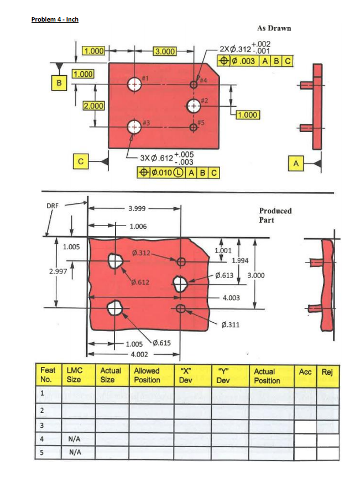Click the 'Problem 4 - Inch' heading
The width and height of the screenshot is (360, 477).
tap(55, 19)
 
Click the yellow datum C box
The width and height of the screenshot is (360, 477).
tap(81, 161)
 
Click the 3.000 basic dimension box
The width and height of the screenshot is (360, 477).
tap(165, 51)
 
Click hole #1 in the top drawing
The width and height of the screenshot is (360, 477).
tap(134, 85)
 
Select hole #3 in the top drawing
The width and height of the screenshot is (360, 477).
tap(134, 127)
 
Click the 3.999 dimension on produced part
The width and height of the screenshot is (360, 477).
tap(137, 208)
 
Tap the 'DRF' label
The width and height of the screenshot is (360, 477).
tap(53, 205)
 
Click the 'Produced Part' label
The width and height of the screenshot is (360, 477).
tap(275, 215)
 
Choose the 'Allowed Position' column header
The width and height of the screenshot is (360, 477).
tap(147, 375)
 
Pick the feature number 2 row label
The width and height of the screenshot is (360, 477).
tap(43, 410)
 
